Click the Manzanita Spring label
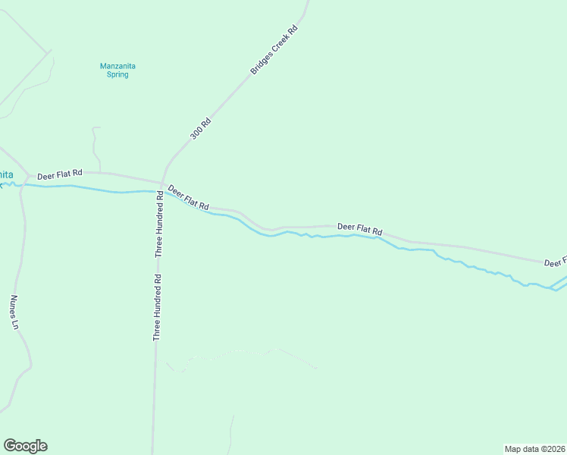117,70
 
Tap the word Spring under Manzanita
117,74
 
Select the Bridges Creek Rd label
274,50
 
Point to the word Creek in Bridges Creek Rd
275,49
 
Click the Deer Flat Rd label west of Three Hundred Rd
59,174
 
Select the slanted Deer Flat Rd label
189,197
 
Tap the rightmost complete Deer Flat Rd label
359,227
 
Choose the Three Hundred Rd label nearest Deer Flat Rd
159,223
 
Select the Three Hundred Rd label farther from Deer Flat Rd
157,306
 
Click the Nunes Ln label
14,312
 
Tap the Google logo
25,445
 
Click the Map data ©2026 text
534,449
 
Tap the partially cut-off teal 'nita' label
6,175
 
